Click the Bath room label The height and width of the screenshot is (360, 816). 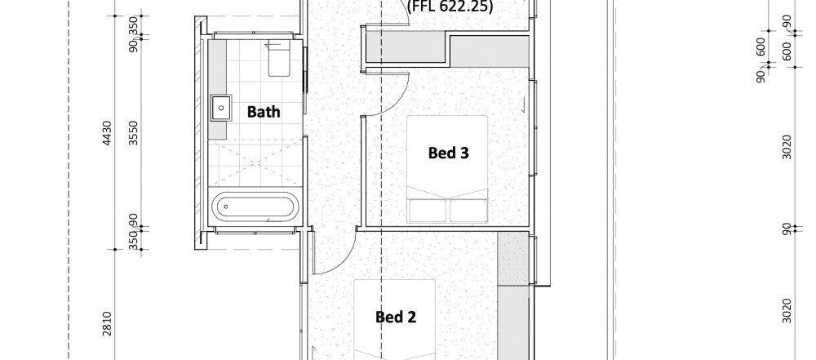click(264, 112)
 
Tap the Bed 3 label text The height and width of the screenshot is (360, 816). click(447, 152)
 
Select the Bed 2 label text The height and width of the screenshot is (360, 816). click(396, 317)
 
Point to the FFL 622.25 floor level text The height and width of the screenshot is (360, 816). click(449, 5)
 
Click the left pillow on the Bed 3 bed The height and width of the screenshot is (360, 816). click(428, 210)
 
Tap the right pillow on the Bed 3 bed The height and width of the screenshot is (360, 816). click(467, 210)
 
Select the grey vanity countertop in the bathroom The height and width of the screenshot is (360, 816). click(216, 91)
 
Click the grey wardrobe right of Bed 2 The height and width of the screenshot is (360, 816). click(512, 294)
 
